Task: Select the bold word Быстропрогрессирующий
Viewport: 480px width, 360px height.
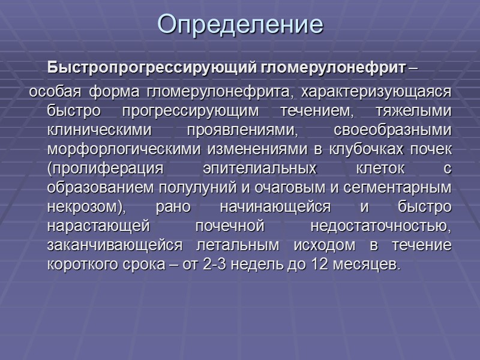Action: coord(152,67)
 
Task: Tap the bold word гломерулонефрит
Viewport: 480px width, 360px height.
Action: coord(333,67)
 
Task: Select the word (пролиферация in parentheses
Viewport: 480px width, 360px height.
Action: coord(92,169)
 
